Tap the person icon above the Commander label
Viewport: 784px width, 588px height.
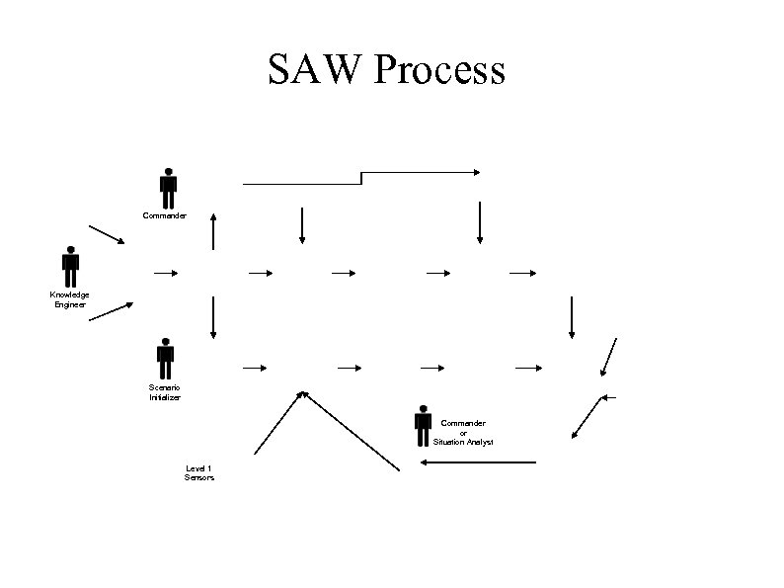pyautogui.click(x=169, y=188)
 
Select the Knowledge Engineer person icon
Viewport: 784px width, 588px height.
pyautogui.click(x=70, y=266)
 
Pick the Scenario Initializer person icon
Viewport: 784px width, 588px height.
pyautogui.click(x=165, y=358)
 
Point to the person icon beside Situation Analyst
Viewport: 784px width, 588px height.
pyautogui.click(x=423, y=425)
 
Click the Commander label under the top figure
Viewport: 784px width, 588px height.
pyautogui.click(x=165, y=214)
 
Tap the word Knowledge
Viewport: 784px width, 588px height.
pyautogui.click(x=70, y=294)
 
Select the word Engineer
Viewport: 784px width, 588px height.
pyautogui.click(x=70, y=304)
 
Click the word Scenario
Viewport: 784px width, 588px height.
pyautogui.click(x=165, y=387)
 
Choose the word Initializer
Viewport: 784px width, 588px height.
pyautogui.click(x=165, y=397)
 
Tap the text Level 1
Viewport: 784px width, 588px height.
pyautogui.click(x=198, y=467)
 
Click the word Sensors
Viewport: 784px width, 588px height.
pyautogui.click(x=198, y=477)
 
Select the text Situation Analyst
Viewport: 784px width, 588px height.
pyautogui.click(x=463, y=442)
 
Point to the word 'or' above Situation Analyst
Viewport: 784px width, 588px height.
pyautogui.click(x=463, y=432)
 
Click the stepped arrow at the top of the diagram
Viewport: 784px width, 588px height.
pyautogui.click(x=361, y=177)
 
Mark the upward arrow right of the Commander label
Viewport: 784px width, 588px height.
pyautogui.click(x=212, y=230)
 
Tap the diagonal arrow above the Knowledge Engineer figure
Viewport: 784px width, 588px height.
pyautogui.click(x=107, y=234)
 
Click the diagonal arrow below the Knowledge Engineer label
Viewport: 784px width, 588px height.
pyautogui.click(x=111, y=312)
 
